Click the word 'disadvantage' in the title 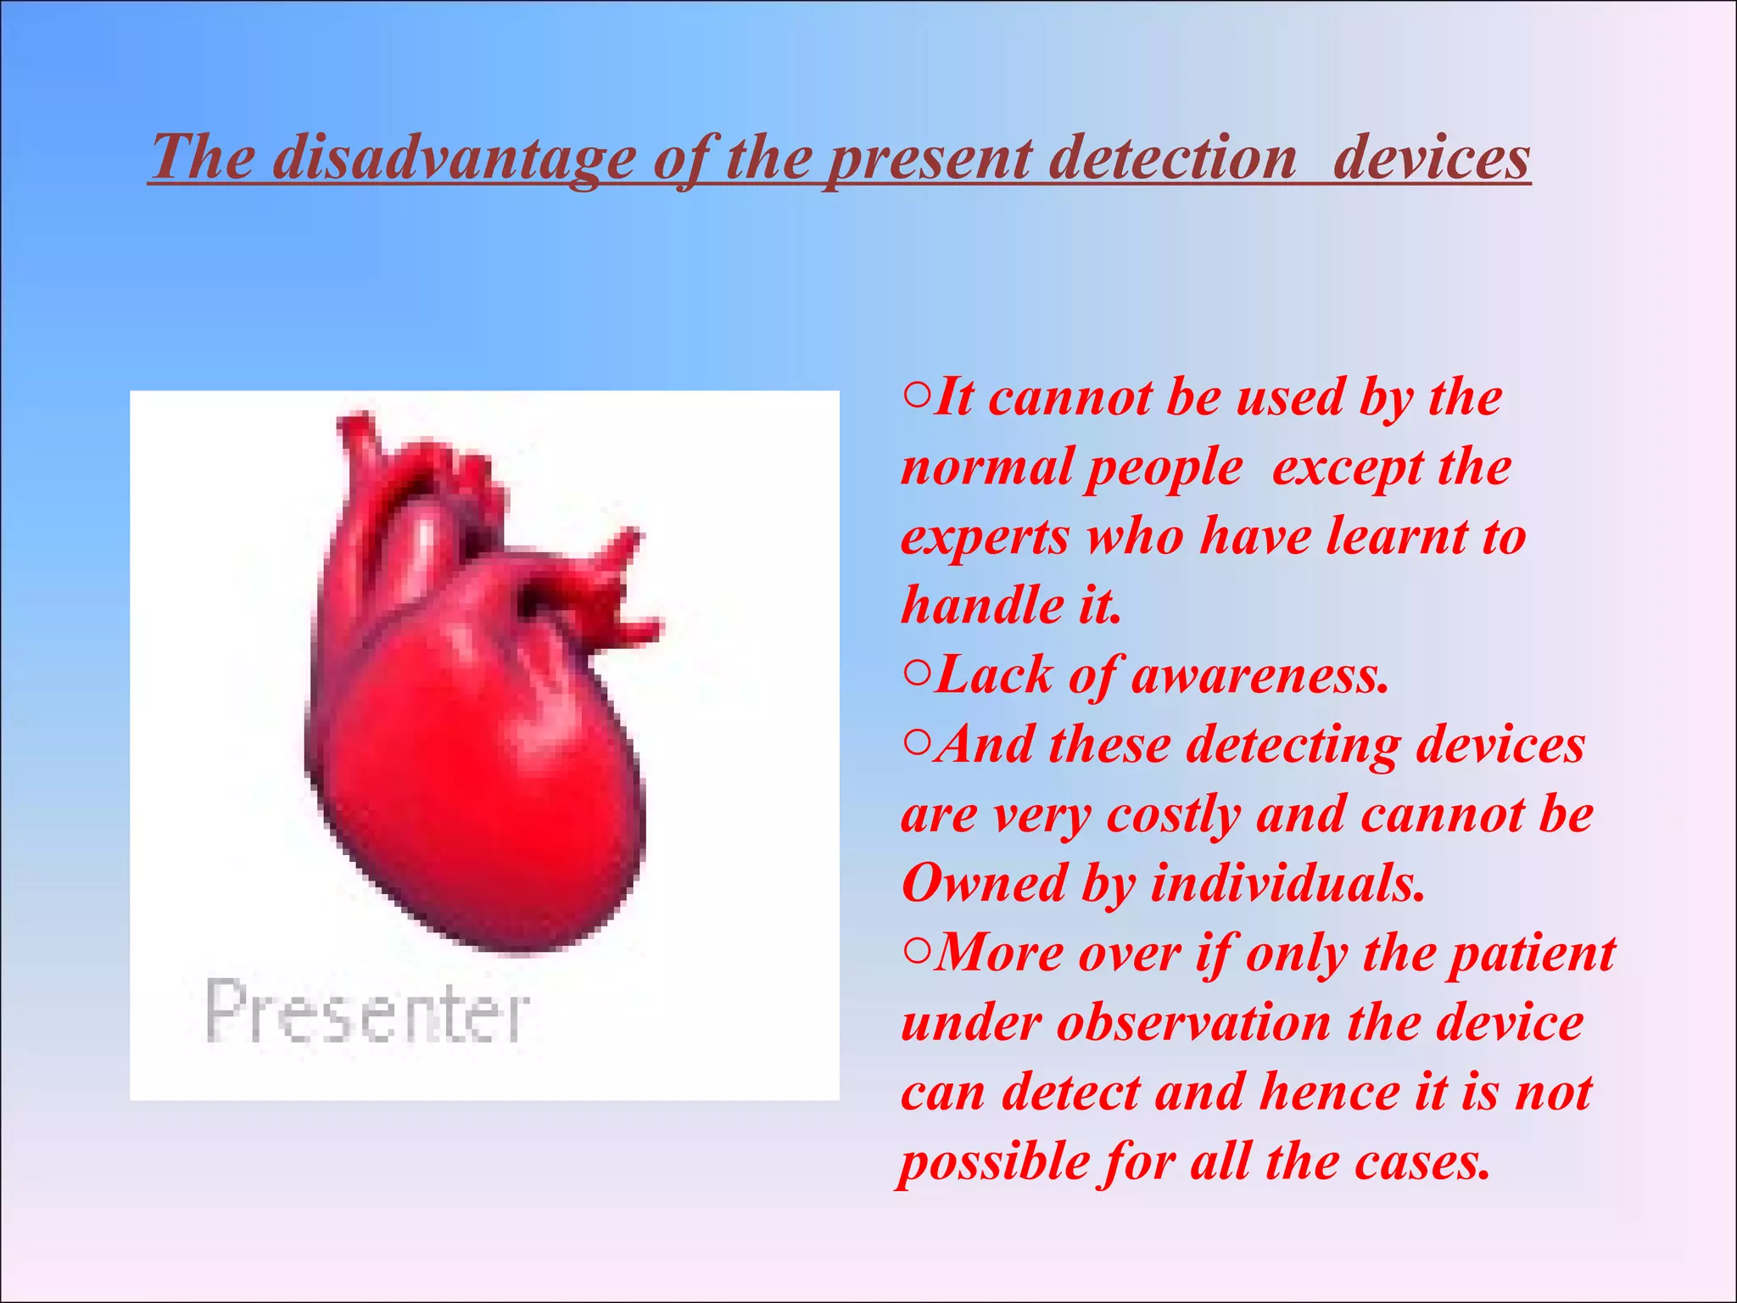[453, 159]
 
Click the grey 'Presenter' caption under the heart [367, 1011]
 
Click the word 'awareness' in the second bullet [1259, 677]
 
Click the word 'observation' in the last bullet [1192, 1023]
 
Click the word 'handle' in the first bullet [982, 606]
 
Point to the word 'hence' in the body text [1328, 1093]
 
